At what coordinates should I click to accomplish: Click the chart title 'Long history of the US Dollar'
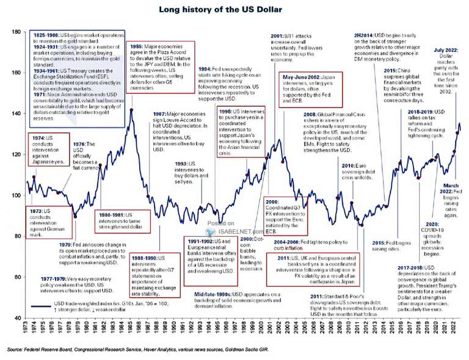(x=234, y=9)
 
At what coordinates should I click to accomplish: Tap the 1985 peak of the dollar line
(x=131, y=110)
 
